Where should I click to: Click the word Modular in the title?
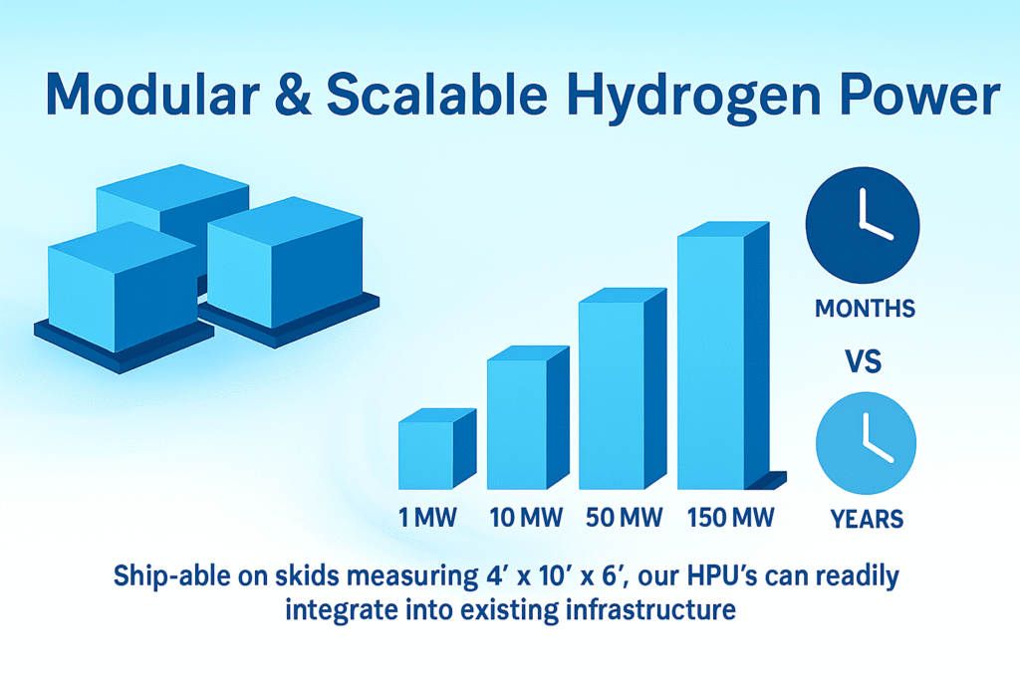pos(152,94)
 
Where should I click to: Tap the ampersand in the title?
pos(294,94)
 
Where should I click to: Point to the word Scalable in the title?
pos(437,94)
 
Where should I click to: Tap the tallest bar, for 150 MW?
pos(723,355)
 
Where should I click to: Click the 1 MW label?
pos(427,518)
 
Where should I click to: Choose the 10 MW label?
pos(526,518)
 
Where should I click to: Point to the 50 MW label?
pos(624,518)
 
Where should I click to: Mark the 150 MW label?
pos(730,518)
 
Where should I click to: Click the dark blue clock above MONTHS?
pos(863,225)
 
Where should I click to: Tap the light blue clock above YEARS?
pos(866,443)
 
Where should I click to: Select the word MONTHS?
pos(866,309)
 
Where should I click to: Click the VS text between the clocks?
pos(864,361)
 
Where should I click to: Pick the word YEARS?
pos(868,519)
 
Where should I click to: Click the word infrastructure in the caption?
pos(650,609)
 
